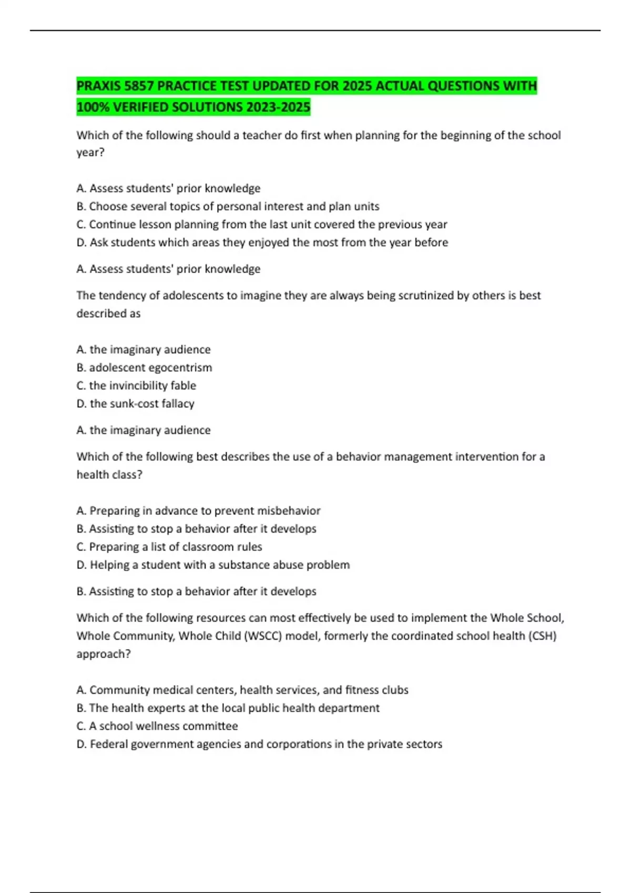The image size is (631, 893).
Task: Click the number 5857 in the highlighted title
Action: [x=138, y=86]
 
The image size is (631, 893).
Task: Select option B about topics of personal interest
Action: [x=228, y=206]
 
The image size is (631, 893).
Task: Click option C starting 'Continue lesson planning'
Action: [x=261, y=224]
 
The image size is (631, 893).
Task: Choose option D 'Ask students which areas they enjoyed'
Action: [x=262, y=242]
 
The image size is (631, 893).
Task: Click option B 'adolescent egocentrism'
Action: [x=144, y=368]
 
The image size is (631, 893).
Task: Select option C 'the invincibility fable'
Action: [x=136, y=386]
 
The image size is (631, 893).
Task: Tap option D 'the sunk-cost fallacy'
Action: [x=135, y=403]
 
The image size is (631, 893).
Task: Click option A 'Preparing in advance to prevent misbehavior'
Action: [x=198, y=511]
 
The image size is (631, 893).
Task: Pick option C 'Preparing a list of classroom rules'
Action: [x=169, y=547]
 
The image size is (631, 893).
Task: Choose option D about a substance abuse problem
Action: [x=213, y=565]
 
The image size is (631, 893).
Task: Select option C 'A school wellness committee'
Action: [x=157, y=726]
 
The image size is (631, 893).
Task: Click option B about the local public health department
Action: [x=228, y=708]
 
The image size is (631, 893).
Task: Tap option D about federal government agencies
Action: [x=259, y=744]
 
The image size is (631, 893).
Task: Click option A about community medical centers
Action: [x=242, y=690]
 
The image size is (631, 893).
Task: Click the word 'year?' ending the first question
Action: [x=90, y=152]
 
